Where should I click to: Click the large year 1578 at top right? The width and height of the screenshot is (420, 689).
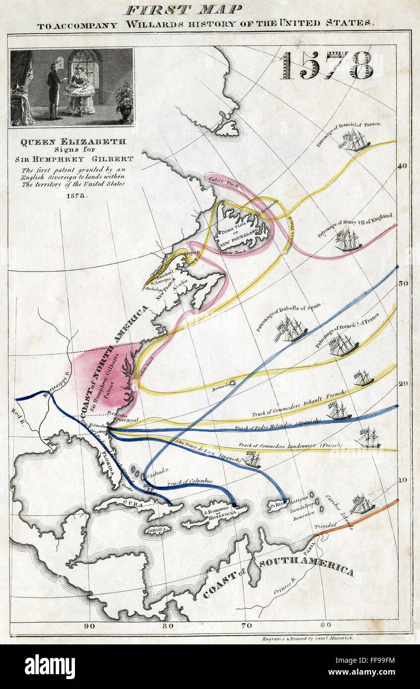(x=326, y=65)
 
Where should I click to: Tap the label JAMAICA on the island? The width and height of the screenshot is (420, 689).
(x=157, y=530)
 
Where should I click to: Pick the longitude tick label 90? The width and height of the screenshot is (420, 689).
(x=89, y=626)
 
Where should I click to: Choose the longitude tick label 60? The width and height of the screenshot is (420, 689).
(x=326, y=626)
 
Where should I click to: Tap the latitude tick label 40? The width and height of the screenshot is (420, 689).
(x=402, y=166)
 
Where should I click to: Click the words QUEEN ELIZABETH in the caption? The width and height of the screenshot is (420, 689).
(x=73, y=141)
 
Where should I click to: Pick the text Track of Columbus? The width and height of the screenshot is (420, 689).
(x=190, y=481)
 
